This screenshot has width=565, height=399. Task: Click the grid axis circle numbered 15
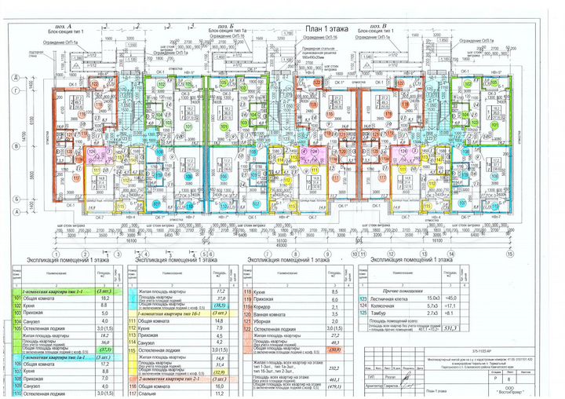[x=508, y=255]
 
